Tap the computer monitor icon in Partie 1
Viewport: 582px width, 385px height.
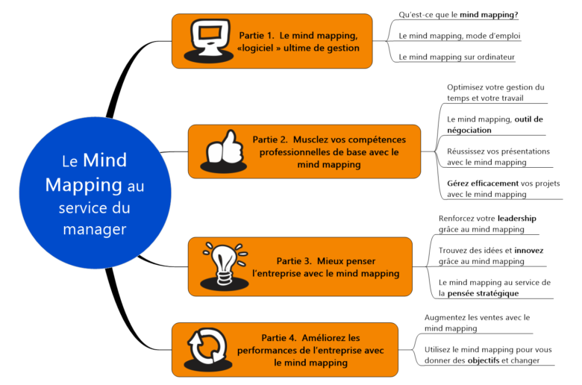tap(207, 40)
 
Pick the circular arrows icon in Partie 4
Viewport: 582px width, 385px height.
tap(206, 348)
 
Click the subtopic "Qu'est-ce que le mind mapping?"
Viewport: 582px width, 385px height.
tap(458, 14)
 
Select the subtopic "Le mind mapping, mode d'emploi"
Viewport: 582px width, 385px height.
tap(460, 35)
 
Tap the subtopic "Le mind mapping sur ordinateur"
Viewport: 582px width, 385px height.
tap(457, 57)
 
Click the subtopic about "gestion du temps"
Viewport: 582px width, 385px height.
tap(495, 93)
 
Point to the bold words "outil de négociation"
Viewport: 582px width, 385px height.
tap(485, 125)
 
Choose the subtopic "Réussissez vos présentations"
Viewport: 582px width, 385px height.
tap(498, 156)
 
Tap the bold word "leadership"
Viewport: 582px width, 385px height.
tap(516, 219)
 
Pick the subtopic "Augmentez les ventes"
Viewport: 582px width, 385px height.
tap(476, 322)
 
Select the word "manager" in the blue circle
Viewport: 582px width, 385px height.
tap(94, 228)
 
